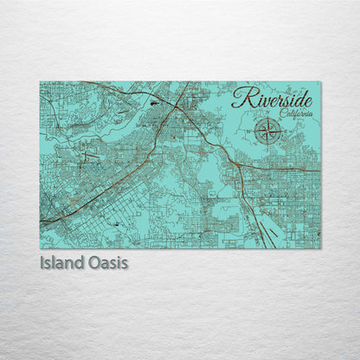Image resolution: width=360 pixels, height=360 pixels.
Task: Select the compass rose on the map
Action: pos(270,132)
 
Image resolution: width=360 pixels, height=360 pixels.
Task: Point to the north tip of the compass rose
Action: pos(270,119)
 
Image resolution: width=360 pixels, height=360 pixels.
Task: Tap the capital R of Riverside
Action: pos(240,98)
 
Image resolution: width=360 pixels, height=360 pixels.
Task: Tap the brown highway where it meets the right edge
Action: pos(319,170)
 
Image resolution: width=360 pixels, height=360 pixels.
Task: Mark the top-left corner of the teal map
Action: pos(40,81)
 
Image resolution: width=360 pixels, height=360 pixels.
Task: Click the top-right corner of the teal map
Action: pos(320,81)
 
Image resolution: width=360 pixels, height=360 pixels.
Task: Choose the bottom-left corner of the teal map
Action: pos(40,248)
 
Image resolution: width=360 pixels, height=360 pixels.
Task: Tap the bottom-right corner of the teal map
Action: pos(320,248)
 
